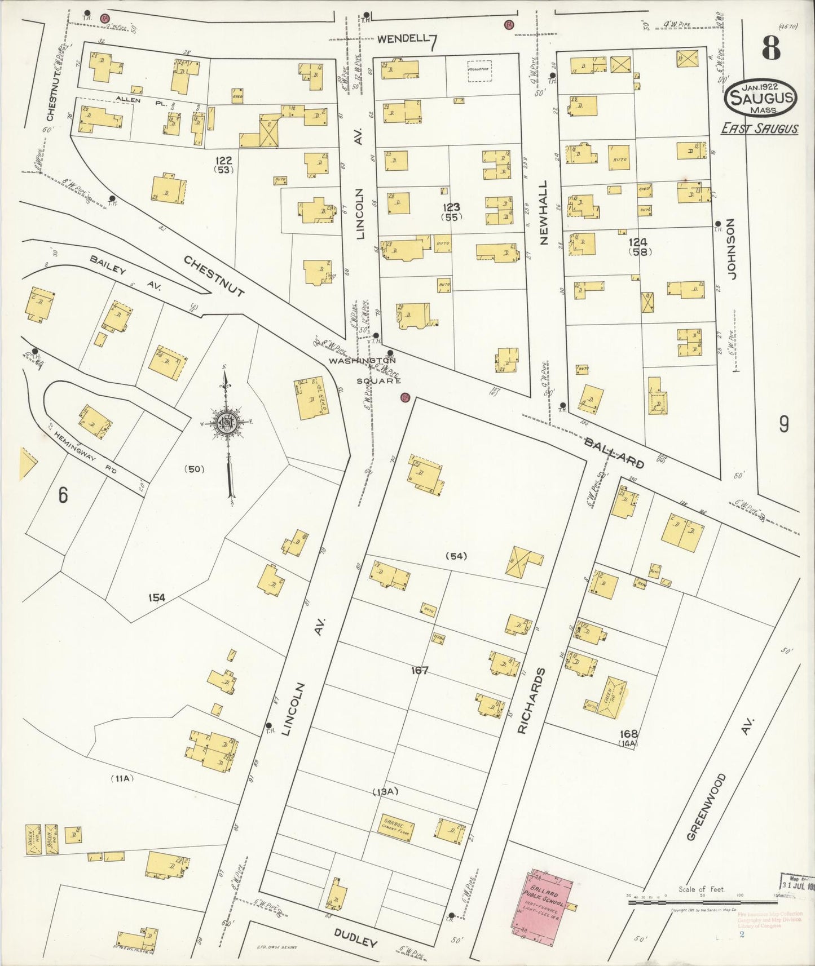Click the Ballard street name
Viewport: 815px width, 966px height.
[x=614, y=452]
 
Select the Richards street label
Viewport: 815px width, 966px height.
[x=525, y=701]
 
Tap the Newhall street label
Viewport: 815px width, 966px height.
[x=543, y=212]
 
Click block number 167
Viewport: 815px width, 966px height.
[x=420, y=671]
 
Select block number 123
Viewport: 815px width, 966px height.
[x=451, y=208]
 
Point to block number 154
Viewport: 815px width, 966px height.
[x=156, y=597]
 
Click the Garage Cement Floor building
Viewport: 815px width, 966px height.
[x=396, y=828]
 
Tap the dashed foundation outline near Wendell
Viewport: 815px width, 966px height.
[x=479, y=71]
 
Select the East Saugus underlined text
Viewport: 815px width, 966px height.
[x=760, y=129]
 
